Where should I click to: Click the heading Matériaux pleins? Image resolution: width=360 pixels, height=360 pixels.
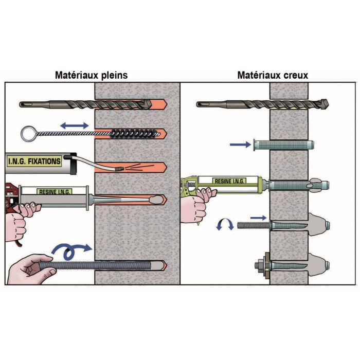[x=91, y=75]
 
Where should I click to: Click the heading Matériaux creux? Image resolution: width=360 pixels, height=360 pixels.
[x=272, y=75]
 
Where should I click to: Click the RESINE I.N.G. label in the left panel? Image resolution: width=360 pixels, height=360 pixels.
[x=54, y=191]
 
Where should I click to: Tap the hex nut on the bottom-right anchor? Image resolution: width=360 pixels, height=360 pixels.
[x=262, y=264]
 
